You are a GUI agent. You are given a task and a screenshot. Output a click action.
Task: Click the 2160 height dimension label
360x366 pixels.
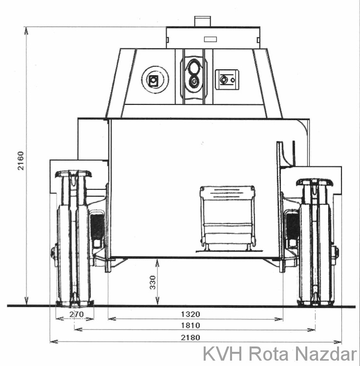pos(21,161)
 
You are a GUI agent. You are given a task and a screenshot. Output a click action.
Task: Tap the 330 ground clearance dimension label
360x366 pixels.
pos(152,283)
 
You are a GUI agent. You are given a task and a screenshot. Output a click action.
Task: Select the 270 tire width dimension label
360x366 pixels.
pos(76,314)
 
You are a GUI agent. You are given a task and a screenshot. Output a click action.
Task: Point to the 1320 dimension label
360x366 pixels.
pos(191,314)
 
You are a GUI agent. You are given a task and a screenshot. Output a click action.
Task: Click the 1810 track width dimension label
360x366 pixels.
pos(191,325)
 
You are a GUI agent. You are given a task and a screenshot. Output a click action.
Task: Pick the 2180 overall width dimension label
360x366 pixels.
pos(191,338)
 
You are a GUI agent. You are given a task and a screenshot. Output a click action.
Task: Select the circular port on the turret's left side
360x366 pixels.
pos(155,80)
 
